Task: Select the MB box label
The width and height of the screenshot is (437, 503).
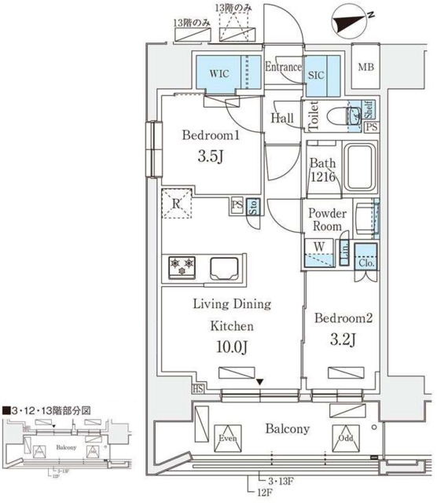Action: (366, 68)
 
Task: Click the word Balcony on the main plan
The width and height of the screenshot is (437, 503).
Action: (287, 428)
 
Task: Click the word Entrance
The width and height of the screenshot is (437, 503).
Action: (283, 68)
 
